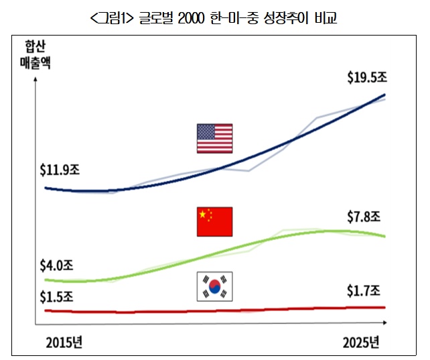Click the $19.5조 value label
(x=367, y=78)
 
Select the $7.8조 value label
(x=364, y=217)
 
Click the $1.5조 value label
(x=58, y=295)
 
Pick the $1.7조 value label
(x=364, y=291)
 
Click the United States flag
(x=214, y=138)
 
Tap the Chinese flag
(x=214, y=222)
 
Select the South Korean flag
(x=214, y=287)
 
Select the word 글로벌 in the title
(x=157, y=17)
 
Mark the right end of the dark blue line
(x=385, y=95)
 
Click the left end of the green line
(x=45, y=280)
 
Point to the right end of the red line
(x=385, y=308)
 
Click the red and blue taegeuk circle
(x=214, y=287)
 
